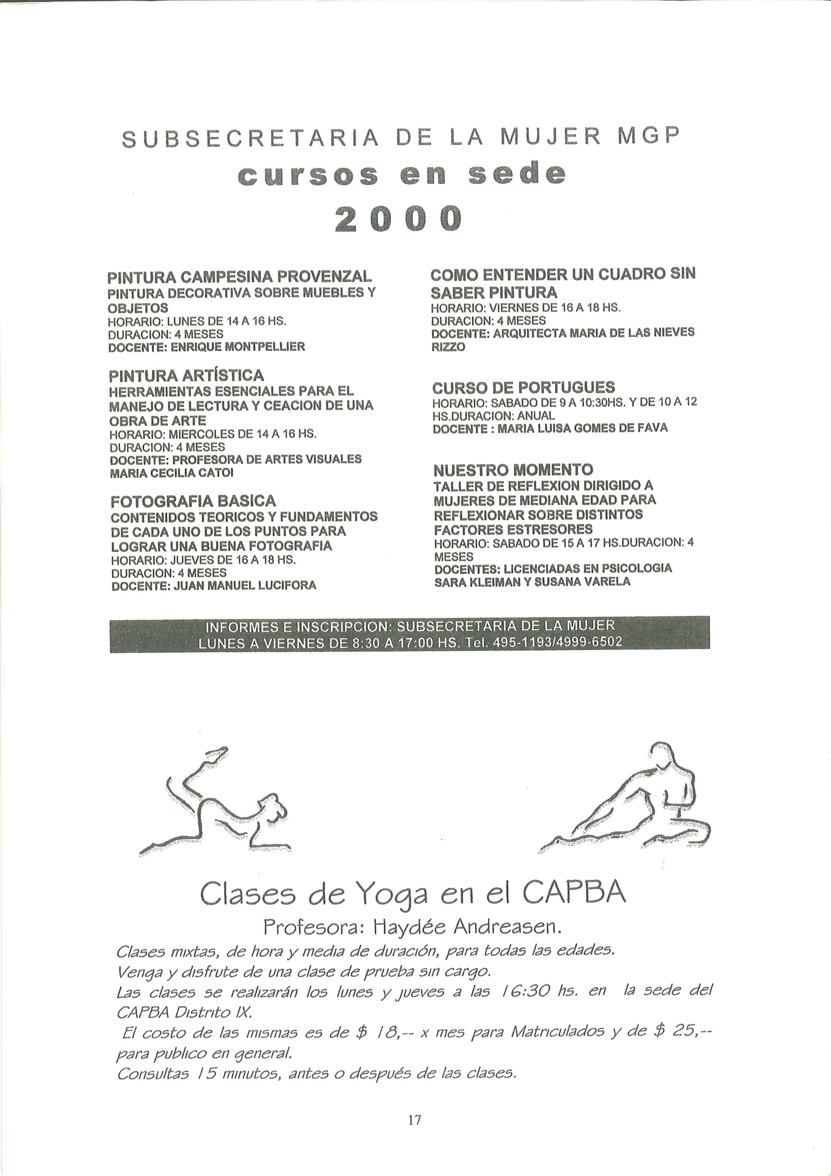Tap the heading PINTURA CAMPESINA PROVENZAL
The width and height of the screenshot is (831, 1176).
239,277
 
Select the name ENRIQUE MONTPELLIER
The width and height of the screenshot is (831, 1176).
238,347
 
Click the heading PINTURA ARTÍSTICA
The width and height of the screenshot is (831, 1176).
186,375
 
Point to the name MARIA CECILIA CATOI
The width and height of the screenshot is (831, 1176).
172,473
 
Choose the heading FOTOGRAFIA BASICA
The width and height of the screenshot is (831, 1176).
193,501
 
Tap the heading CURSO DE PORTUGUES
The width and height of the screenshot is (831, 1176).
523,387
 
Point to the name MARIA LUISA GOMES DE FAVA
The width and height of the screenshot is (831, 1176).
582,428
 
